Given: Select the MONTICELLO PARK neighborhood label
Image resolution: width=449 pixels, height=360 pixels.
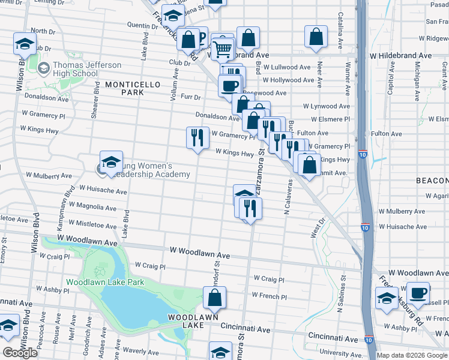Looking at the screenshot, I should tap(133, 89).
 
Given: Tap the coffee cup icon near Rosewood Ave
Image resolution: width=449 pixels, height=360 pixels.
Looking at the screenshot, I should tap(229, 86).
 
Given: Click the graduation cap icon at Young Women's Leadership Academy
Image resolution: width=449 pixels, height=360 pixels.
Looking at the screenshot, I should tap(111, 162).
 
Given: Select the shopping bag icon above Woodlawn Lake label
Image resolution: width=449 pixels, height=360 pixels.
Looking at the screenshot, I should tap(214, 297).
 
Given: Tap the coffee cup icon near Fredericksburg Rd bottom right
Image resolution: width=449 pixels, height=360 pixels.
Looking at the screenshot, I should tap(418, 293).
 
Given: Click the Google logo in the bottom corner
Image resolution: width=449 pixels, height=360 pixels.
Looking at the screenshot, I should tap(20, 353).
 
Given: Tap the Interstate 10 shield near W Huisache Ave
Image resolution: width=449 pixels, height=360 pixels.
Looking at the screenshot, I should tap(365, 227).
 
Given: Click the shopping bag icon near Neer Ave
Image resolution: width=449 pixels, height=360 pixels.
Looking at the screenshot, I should tap(316, 37).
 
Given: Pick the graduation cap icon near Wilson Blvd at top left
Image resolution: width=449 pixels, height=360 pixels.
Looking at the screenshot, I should tap(25, 43).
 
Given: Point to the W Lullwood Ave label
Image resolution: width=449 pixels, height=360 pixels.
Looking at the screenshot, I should tap(286, 67).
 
